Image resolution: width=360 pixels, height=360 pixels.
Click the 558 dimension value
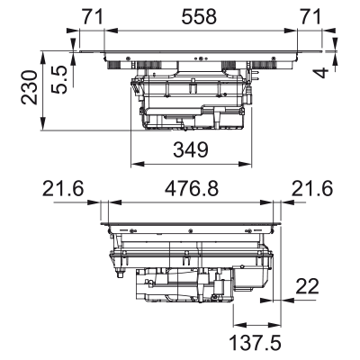tap(199, 17)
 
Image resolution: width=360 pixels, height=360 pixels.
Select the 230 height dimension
tap(29, 87)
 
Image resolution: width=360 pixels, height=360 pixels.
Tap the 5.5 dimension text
tap(58, 80)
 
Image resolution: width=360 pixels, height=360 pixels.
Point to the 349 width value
tap(191, 150)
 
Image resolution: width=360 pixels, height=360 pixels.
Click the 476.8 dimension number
tap(192, 189)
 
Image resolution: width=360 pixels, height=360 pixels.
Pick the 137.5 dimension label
tap(256, 343)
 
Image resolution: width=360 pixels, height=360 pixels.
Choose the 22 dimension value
tap(307, 286)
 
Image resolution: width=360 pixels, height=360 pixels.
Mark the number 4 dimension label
tap(320, 73)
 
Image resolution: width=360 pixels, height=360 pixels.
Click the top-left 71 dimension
tap(93, 17)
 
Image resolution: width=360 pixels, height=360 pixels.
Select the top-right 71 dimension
tap(310, 17)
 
